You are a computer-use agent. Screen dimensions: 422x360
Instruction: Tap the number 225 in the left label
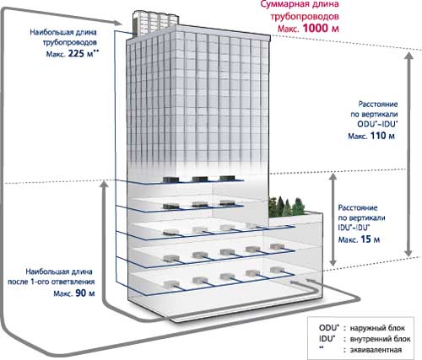[76, 53]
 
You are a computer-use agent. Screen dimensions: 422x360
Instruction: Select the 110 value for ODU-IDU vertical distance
[378, 136]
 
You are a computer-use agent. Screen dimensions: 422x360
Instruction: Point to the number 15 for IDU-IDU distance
[365, 239]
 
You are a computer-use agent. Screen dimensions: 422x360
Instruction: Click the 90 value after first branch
[81, 293]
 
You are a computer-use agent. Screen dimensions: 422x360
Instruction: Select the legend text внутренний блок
[380, 339]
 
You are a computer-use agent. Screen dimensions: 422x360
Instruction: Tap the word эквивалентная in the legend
[376, 350]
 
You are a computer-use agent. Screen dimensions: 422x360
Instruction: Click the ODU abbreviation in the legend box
[327, 328]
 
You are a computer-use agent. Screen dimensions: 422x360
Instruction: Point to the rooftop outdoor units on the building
[154, 22]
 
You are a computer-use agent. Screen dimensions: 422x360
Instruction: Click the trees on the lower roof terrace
[286, 207]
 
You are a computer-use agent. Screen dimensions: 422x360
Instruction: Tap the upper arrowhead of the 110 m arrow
[409, 56]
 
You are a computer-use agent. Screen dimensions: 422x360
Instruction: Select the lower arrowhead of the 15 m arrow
[333, 262]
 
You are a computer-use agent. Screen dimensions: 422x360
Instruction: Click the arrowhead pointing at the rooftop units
[119, 23]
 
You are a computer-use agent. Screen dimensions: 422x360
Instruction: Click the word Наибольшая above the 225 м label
[47, 32]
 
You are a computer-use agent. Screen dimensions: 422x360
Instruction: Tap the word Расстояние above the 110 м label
[378, 105]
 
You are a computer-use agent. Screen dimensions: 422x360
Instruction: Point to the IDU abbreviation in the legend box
[327, 339]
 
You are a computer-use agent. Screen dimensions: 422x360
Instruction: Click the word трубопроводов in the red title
[305, 17]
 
